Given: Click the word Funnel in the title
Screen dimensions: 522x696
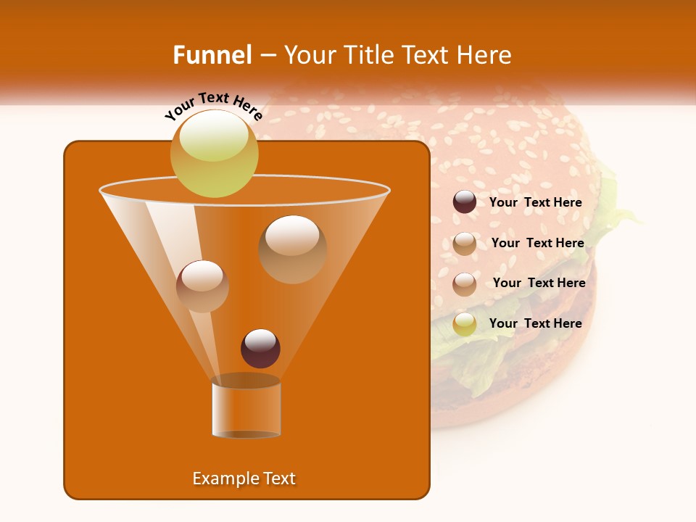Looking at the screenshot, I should click(x=212, y=55).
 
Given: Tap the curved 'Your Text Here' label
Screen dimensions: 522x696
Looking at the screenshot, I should click(x=214, y=107).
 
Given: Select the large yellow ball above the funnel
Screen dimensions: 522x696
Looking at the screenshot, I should click(x=215, y=153).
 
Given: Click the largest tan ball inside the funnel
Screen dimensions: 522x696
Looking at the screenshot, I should click(x=292, y=249).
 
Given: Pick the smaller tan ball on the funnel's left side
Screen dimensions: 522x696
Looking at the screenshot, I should click(x=202, y=286).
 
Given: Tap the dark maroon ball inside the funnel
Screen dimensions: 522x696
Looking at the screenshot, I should click(x=260, y=348).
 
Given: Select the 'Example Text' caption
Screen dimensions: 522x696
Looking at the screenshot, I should click(x=244, y=478).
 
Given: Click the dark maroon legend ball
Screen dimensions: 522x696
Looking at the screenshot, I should click(x=465, y=202).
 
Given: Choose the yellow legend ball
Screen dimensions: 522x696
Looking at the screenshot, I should click(x=465, y=324).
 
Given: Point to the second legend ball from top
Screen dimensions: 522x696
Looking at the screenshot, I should click(x=465, y=244).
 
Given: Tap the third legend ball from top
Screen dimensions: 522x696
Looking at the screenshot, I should click(x=465, y=283).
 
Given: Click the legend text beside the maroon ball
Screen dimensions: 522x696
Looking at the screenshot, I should click(x=535, y=203).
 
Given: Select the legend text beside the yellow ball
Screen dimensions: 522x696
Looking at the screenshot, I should click(x=535, y=323).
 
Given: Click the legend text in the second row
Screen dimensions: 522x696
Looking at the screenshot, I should click(x=537, y=243).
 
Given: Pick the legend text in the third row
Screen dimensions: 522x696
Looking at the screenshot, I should click(x=539, y=283).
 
